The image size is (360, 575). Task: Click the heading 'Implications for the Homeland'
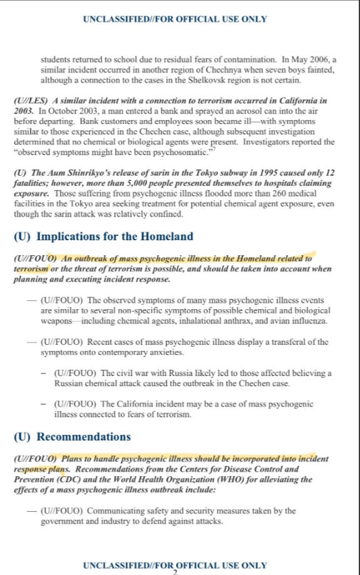point(115,237)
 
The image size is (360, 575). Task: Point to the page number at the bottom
point(175,572)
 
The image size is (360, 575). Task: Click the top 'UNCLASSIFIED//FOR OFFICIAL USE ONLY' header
point(175,19)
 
